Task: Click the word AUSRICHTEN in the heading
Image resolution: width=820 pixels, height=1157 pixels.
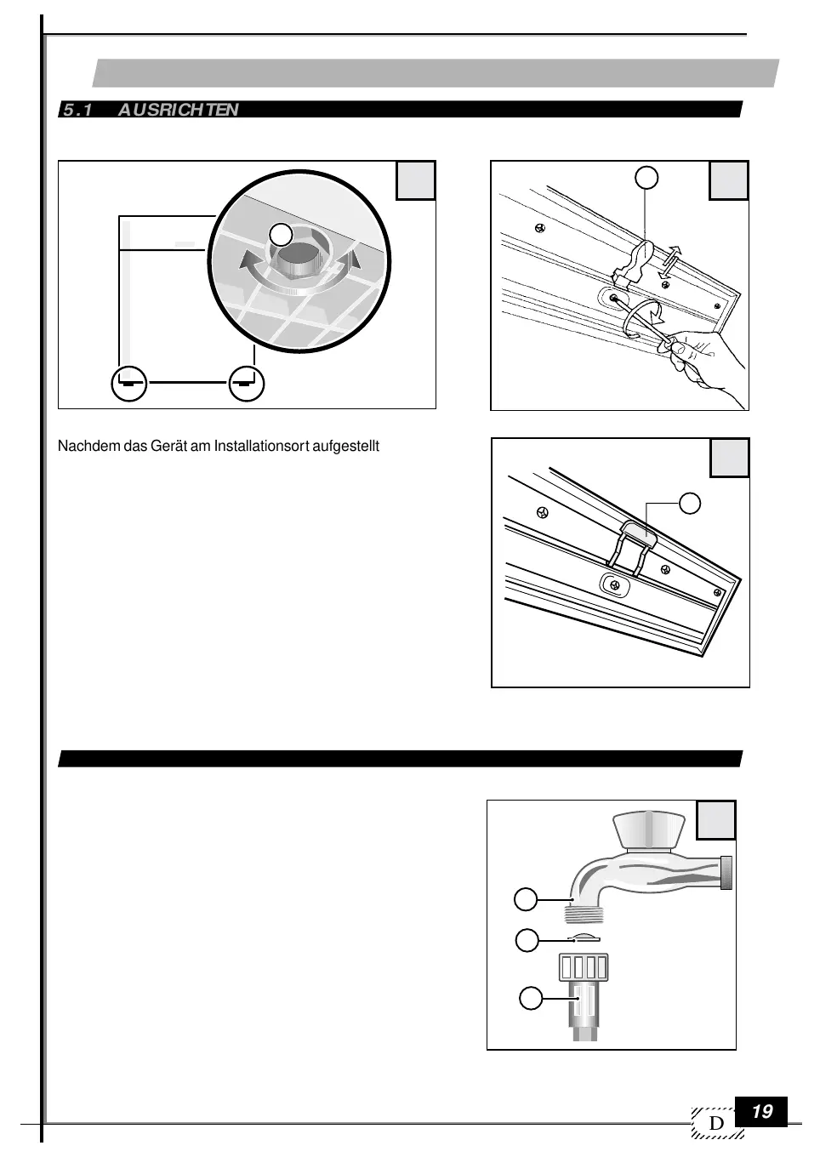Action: pyautogui.click(x=178, y=110)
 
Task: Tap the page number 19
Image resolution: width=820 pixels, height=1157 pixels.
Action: pyautogui.click(x=762, y=1111)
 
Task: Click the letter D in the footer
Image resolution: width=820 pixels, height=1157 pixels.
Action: pyautogui.click(x=717, y=1124)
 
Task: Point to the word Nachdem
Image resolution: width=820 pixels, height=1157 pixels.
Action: pyautogui.click(x=82, y=446)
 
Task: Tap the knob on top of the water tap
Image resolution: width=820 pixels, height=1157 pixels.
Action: pyautogui.click(x=648, y=829)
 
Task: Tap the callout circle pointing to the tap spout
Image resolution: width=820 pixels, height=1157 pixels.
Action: pyautogui.click(x=527, y=898)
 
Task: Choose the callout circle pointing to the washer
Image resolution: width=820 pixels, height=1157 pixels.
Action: pyautogui.click(x=527, y=939)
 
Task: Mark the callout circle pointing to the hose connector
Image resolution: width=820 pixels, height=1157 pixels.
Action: pyautogui.click(x=531, y=997)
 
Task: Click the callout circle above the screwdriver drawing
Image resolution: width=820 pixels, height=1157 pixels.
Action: pyautogui.click(x=646, y=177)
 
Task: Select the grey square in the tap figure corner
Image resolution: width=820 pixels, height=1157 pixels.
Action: pyautogui.click(x=716, y=820)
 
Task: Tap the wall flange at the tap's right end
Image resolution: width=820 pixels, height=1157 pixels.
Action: pyautogui.click(x=726, y=873)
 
